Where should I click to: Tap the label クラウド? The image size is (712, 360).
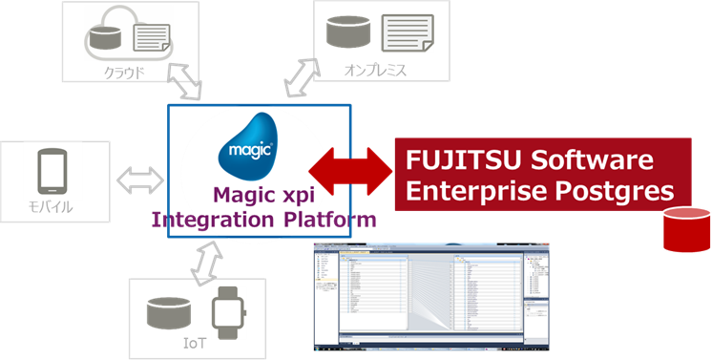pyautogui.click(x=126, y=71)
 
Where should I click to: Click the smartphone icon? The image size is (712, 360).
pyautogui.click(x=55, y=173)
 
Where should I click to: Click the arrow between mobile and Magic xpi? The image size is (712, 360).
pyautogui.click(x=140, y=178)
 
